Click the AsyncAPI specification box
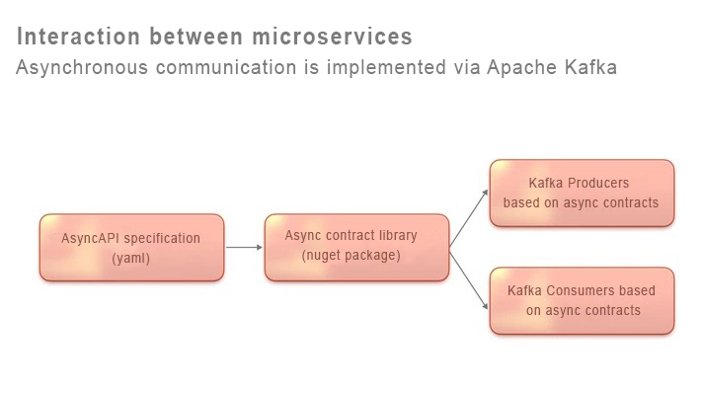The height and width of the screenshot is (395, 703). [131, 247]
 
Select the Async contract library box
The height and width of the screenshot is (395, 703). [356, 246]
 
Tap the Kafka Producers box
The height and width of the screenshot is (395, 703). [582, 193]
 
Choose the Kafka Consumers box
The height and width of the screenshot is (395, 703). [582, 300]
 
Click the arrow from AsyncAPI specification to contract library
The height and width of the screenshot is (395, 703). [244, 247]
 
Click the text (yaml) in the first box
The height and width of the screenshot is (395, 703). [131, 257]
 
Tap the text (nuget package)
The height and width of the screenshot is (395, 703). [351, 256]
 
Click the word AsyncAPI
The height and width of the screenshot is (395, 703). [90, 238]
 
